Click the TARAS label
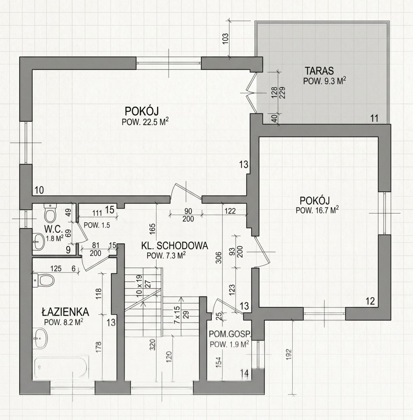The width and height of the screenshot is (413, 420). pyautogui.click(x=319, y=71)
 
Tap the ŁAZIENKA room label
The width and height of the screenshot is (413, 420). pyautogui.click(x=65, y=312)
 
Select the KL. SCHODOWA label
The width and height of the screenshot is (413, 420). pyautogui.click(x=175, y=246)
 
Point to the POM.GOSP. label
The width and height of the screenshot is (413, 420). pyautogui.click(x=230, y=334)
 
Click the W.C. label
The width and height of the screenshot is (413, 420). pyautogui.click(x=54, y=229)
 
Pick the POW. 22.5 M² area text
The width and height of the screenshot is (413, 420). pyautogui.click(x=146, y=121)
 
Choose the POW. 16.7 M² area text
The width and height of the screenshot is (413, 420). pyautogui.click(x=317, y=210)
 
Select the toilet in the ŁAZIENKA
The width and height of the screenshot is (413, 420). pyautogui.click(x=43, y=281)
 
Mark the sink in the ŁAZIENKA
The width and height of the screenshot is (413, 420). pyautogui.click(x=41, y=338)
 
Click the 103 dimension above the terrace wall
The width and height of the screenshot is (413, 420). pyautogui.click(x=226, y=39)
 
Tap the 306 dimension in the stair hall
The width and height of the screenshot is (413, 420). pyautogui.click(x=219, y=258)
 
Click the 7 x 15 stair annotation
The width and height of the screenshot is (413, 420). pyautogui.click(x=177, y=315)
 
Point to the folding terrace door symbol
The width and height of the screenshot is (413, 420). pyautogui.click(x=252, y=93)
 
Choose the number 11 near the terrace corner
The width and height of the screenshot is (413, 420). pyautogui.click(x=374, y=119)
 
